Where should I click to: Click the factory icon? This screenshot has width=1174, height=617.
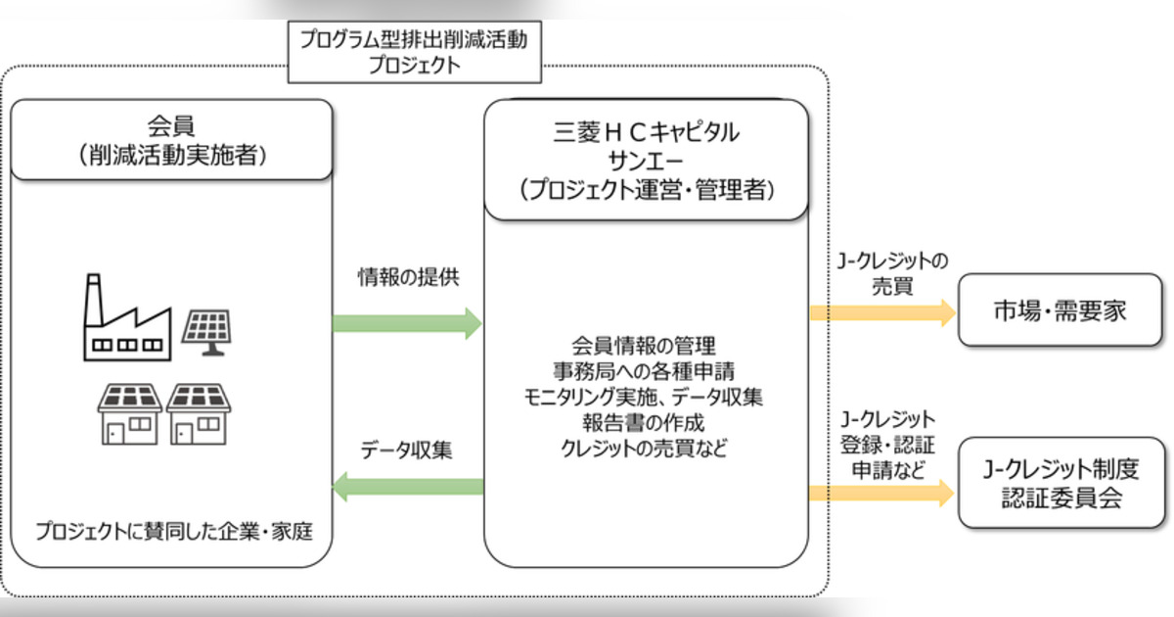124,316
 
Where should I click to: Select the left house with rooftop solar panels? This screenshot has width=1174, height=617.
128,412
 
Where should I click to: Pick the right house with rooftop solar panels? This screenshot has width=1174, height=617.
199,412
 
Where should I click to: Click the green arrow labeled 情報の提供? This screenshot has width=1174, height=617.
407,322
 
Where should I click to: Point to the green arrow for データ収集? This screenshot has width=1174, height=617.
409,485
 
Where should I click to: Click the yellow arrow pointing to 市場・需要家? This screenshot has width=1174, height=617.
880,312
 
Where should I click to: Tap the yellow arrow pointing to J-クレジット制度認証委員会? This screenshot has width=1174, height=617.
880,493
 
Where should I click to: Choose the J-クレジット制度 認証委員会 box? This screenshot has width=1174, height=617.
1061,484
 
